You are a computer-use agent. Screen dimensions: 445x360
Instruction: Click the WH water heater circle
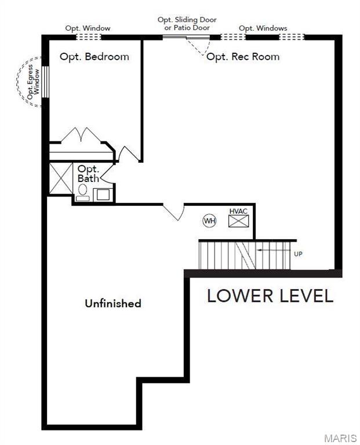209,221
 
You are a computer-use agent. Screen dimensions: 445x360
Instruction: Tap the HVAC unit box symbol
238,221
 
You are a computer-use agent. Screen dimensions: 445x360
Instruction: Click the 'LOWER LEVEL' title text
270,296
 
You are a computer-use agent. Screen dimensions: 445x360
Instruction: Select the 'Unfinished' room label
113,303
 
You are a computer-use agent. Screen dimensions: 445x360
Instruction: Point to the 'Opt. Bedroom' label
94,57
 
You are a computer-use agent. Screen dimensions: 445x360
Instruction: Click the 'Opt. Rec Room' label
243,57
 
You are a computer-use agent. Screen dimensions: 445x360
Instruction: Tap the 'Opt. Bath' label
88,173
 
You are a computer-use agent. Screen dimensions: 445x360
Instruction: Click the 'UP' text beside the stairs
298,254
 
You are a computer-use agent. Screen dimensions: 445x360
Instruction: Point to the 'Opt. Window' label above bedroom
88,28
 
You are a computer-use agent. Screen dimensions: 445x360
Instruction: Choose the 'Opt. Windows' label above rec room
263,28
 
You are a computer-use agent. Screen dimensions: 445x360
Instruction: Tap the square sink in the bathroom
103,194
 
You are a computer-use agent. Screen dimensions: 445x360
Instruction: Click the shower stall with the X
60,178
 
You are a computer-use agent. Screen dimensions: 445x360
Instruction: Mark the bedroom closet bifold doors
82,136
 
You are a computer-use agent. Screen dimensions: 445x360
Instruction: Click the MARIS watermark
340,437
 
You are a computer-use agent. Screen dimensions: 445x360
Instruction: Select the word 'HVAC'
238,211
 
